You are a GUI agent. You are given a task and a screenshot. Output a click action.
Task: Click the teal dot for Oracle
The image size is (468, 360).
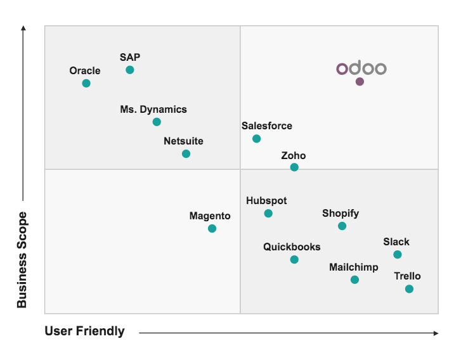[x=86, y=83]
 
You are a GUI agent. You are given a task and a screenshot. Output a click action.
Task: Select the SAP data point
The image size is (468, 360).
[x=130, y=70]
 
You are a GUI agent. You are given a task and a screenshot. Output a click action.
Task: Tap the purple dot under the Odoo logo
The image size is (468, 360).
[x=360, y=82]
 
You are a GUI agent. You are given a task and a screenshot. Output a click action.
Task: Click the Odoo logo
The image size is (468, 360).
[x=361, y=68]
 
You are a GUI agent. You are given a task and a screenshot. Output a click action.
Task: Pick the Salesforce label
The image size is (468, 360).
[x=267, y=125]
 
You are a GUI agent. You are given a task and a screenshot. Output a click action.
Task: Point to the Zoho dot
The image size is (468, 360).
[x=294, y=167]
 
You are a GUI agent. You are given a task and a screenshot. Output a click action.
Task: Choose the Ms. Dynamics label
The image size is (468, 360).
[x=153, y=109]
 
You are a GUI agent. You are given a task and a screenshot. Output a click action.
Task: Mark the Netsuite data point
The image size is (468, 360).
[x=186, y=154]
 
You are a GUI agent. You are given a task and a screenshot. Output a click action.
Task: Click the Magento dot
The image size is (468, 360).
[x=212, y=228]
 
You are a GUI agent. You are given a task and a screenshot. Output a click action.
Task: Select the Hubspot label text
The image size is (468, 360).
[x=266, y=201]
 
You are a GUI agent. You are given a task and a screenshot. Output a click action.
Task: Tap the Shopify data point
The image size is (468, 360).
[x=342, y=226]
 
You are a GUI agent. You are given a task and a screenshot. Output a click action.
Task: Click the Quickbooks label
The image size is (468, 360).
[x=292, y=247]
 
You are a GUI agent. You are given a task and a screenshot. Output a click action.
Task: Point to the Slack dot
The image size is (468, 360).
[x=397, y=254]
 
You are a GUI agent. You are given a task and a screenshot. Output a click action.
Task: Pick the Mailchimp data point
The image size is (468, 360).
[x=354, y=280]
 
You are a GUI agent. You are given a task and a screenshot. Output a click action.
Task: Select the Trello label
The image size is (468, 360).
[x=407, y=276]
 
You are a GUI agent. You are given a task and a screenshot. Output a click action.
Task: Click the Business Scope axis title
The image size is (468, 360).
[x=22, y=260]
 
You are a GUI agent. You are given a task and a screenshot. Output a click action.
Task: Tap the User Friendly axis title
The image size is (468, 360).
[x=84, y=331]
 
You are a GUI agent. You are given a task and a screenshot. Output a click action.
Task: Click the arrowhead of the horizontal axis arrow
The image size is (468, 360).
[x=436, y=333]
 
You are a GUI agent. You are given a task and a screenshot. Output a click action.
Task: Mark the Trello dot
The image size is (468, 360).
[x=409, y=289]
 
